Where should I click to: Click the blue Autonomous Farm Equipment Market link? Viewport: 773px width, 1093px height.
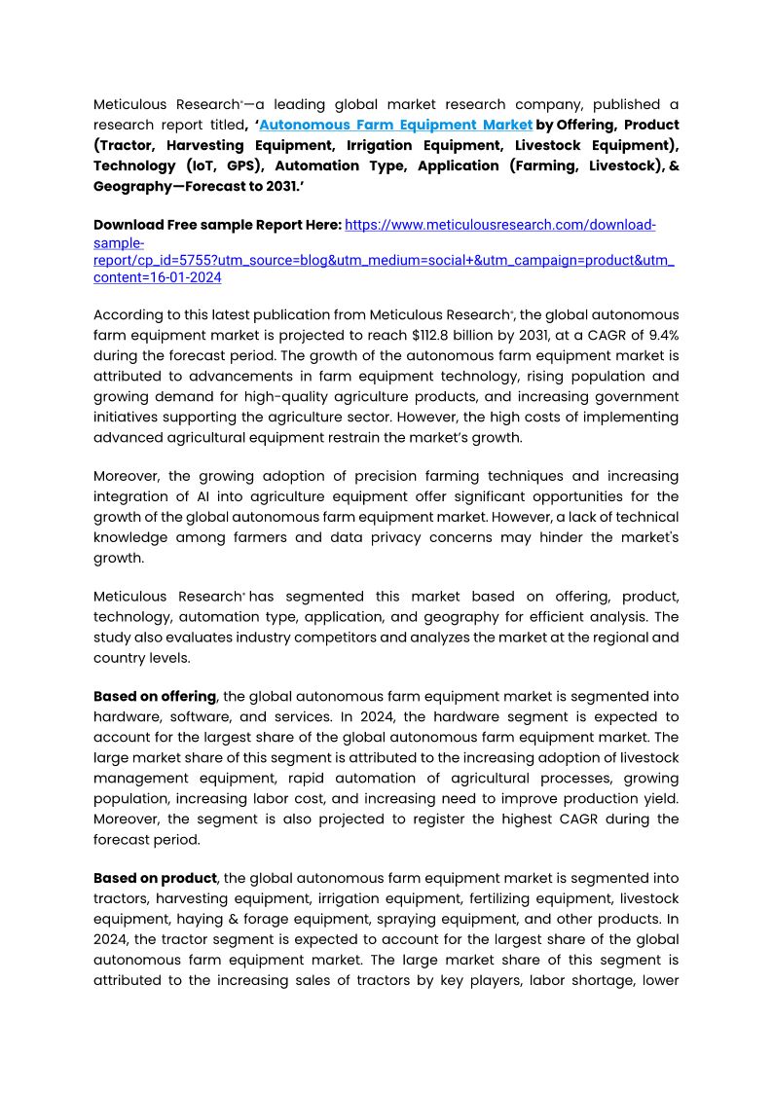pos(396,125)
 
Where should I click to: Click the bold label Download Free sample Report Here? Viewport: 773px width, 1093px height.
pos(217,225)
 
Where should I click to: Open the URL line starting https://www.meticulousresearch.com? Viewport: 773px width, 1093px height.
pos(500,225)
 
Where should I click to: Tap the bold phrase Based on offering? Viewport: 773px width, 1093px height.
pos(155,696)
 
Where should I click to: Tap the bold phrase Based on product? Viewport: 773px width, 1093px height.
pos(155,878)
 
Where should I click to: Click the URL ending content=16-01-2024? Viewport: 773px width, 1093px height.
pos(157,277)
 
